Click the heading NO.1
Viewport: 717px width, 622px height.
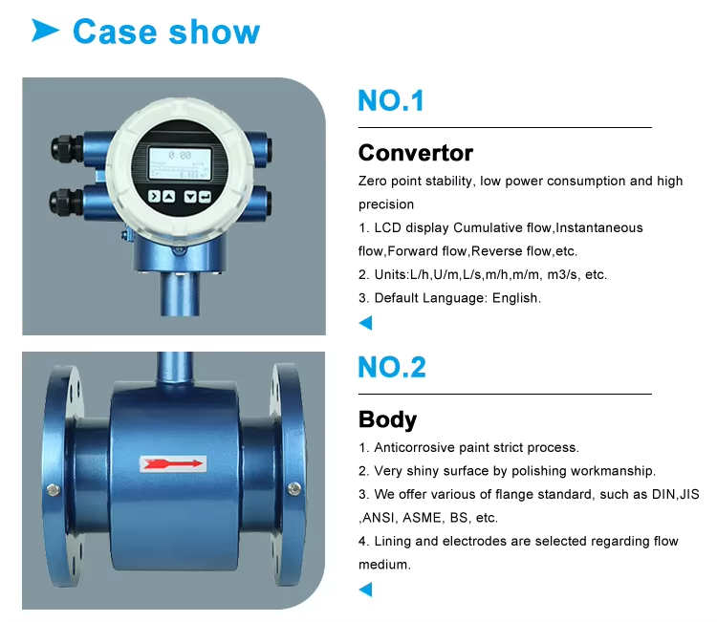391,100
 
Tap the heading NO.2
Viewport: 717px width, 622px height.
392,367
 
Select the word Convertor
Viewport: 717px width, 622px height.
416,153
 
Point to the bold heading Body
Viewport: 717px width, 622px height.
388,419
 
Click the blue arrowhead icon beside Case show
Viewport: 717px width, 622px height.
45,31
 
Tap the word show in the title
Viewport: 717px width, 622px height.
214,32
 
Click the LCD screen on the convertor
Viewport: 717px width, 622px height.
180,163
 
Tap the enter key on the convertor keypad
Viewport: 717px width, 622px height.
205,197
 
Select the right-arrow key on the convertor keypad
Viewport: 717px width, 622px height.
155,196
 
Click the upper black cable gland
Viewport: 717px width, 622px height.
67,147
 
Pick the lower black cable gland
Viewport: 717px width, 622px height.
66,201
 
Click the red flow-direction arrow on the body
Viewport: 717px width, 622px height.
173,463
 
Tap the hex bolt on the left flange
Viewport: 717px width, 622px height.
54,490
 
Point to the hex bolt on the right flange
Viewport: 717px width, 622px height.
294,488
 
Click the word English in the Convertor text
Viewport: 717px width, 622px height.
516,298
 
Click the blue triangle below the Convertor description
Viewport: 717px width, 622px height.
366,323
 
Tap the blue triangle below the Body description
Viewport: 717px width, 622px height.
366,590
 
